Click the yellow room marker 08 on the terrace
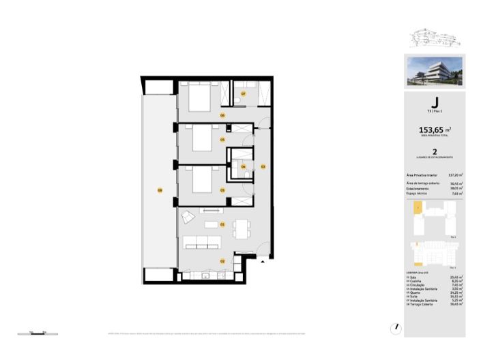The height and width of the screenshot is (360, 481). pyautogui.click(x=160, y=190)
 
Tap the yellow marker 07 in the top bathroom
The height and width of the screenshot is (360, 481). pyautogui.click(x=243, y=93)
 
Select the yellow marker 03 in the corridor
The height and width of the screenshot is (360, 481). pyautogui.click(x=263, y=166)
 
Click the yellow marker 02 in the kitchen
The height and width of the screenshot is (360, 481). pyautogui.click(x=222, y=260)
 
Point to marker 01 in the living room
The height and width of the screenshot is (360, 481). pyautogui.click(x=222, y=224)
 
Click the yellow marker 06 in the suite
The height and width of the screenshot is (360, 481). pyautogui.click(x=222, y=115)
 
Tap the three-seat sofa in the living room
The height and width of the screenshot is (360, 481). pyautogui.click(x=201, y=241)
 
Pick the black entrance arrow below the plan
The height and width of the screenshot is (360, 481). pyautogui.click(x=262, y=260)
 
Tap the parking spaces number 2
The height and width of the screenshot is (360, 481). pyautogui.click(x=434, y=153)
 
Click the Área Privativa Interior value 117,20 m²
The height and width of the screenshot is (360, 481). pyautogui.click(x=456, y=175)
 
